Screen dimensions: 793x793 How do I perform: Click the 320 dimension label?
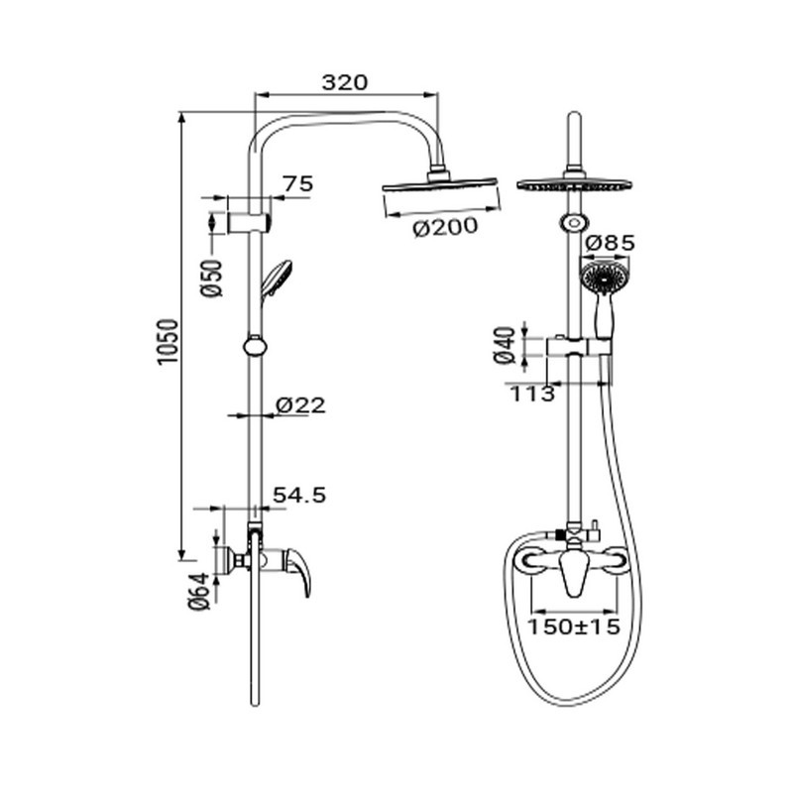coord(344,82)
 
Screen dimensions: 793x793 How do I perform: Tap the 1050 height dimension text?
coord(168,340)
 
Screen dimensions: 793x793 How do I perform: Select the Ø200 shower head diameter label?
coord(445,227)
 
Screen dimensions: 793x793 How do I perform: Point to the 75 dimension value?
coord(298,183)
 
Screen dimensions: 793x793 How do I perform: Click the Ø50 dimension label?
coord(211,278)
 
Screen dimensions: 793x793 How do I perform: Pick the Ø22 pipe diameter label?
coord(300,405)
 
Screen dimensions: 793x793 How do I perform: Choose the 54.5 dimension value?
coord(299,495)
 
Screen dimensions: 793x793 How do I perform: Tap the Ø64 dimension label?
coord(199,591)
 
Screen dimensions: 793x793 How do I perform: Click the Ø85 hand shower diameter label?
coord(610,243)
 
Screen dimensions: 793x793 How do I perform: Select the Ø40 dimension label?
coord(505,345)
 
